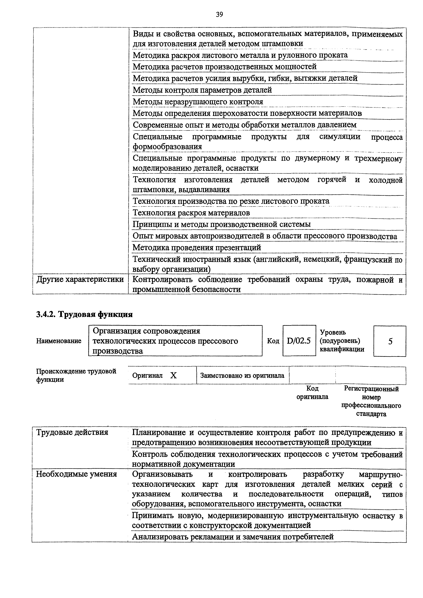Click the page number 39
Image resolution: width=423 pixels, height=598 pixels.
point(220,15)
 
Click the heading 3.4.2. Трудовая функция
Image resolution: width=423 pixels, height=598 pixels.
point(84,314)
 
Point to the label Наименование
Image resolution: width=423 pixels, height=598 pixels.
point(59,341)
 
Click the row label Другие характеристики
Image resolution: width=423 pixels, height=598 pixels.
point(80,279)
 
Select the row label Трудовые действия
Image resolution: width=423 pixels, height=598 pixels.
point(72,432)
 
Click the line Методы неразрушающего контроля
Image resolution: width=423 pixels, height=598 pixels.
point(198,102)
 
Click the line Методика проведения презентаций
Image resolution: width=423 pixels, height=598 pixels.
point(197,247)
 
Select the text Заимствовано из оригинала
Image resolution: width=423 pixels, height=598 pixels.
point(242,376)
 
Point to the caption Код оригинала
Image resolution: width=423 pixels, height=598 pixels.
point(312,393)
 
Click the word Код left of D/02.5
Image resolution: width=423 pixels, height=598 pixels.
point(273,341)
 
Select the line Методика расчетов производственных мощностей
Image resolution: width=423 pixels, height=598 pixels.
point(225,67)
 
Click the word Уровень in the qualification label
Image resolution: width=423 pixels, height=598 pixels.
point(333,332)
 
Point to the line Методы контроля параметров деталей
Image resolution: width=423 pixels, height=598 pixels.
point(202,90)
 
